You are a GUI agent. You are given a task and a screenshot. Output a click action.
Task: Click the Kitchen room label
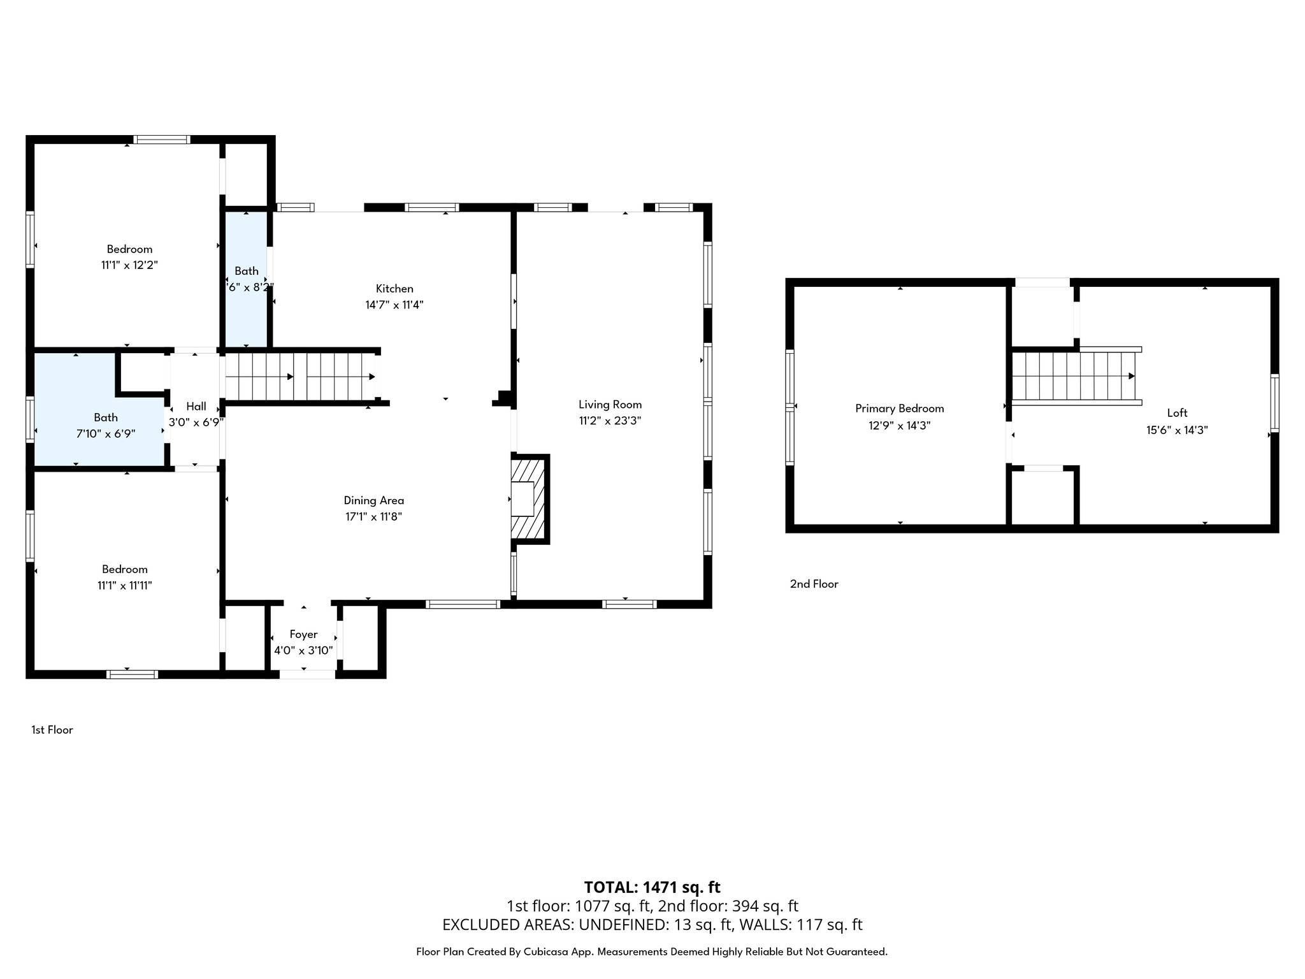[394, 289]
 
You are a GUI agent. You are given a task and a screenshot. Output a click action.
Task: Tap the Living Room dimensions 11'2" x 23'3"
[610, 421]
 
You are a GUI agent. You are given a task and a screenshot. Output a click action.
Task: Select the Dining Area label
[373, 500]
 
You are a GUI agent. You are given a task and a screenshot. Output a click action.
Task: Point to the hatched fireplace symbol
[529, 498]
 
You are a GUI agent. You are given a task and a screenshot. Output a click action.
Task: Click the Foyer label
[303, 634]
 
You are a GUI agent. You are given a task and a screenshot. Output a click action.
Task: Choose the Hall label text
[196, 406]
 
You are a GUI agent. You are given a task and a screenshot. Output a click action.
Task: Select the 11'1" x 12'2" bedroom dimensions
[129, 265]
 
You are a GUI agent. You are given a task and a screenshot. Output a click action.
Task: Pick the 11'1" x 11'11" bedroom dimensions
[124, 585]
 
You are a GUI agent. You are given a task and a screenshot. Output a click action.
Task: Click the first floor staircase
[299, 377]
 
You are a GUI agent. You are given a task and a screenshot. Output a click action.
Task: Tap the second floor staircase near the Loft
[1074, 376]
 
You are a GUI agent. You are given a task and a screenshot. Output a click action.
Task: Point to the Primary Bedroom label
[899, 409]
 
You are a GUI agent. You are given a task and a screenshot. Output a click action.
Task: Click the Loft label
[1177, 413]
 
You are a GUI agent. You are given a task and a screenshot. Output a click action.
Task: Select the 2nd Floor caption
[814, 584]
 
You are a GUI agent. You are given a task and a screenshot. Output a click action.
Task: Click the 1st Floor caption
[52, 730]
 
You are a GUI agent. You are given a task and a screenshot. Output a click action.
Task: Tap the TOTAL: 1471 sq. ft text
[652, 887]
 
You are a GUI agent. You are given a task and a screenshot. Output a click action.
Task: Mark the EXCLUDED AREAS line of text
[652, 924]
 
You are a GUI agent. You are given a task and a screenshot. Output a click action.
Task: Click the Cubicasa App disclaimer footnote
[652, 952]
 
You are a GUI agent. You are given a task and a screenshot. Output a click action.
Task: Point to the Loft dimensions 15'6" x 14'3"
[1177, 430]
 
